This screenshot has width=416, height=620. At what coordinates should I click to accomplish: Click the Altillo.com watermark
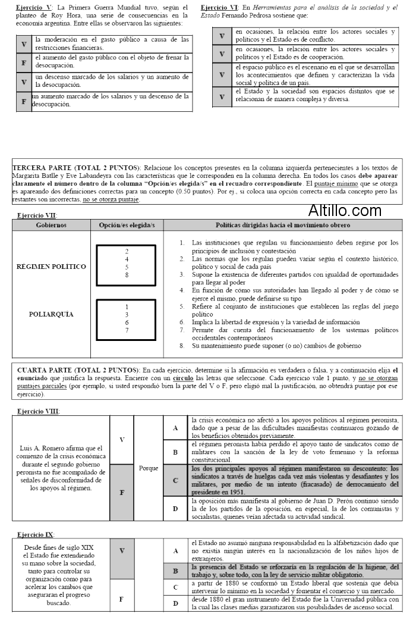[345, 210]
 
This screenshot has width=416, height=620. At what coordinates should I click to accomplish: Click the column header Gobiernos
[51, 226]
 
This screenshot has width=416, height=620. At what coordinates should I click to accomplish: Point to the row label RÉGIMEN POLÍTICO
[51, 267]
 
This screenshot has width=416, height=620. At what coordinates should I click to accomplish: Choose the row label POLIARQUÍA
[51, 314]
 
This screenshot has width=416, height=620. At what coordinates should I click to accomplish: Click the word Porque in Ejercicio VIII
[148, 468]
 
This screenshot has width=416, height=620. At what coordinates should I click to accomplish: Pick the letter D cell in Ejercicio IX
[175, 603]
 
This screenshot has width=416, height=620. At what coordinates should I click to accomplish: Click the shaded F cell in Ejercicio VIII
[122, 493]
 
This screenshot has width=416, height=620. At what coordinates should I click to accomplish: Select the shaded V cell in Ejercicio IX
[122, 550]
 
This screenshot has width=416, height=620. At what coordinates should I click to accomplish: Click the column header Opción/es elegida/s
[127, 226]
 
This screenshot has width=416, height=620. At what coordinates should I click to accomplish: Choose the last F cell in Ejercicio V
[24, 101]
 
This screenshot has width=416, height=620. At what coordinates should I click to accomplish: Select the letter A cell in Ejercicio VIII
[175, 428]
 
